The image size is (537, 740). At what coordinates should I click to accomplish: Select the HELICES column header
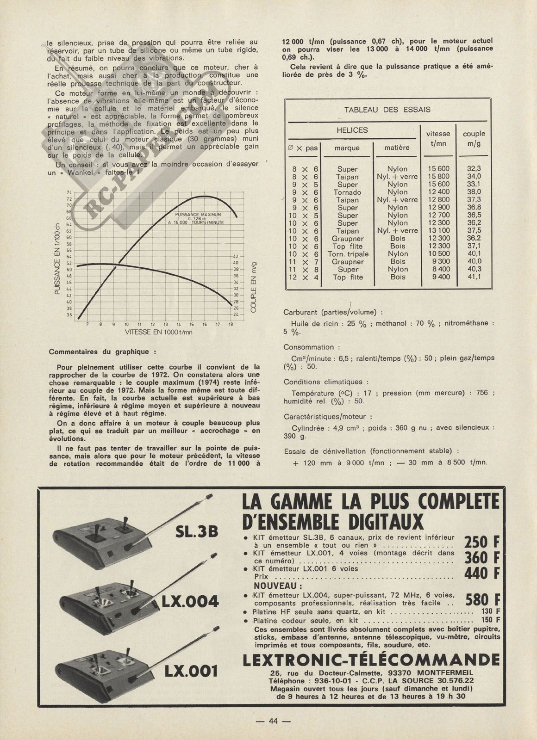click(352, 130)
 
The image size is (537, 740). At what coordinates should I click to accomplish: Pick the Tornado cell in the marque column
click(347, 192)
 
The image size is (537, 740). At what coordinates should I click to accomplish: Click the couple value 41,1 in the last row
click(474, 277)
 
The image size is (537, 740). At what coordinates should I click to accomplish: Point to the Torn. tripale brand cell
click(348, 254)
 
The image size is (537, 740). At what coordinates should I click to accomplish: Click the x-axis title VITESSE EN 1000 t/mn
click(158, 332)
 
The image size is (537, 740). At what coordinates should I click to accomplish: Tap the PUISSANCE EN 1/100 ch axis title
click(57, 259)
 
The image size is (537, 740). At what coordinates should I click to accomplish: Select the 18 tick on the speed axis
click(231, 324)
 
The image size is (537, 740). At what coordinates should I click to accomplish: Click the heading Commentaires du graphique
click(99, 352)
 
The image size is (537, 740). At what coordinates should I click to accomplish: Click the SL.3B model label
click(197, 532)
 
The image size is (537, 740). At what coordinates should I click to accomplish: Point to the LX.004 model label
click(189, 601)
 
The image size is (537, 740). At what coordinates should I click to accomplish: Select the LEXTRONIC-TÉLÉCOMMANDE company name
click(371, 660)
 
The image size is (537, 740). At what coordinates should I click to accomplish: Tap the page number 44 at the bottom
click(273, 721)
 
